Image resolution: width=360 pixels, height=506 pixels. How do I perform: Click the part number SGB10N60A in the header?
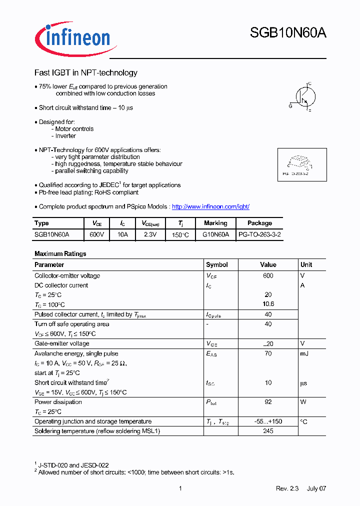click(x=288, y=33)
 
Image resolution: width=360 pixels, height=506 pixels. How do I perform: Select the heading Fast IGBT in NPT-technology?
click(x=85, y=73)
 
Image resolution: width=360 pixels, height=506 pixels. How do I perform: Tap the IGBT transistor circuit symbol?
click(x=303, y=96)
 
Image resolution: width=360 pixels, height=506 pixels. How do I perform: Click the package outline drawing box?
click(x=301, y=164)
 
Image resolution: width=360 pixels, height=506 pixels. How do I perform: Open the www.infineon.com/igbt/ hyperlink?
click(x=210, y=206)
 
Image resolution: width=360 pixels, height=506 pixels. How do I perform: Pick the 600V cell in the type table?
click(x=96, y=234)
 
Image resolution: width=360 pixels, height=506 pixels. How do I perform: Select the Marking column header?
click(x=215, y=223)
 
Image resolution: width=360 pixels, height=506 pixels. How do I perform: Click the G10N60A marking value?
click(x=215, y=234)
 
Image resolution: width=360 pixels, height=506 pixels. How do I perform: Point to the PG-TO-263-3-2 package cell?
click(x=259, y=234)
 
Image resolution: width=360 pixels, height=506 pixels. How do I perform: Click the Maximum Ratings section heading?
click(x=60, y=253)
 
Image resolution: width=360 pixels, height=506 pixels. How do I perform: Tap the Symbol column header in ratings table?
click(x=217, y=264)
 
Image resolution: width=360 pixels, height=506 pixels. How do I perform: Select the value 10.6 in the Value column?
click(x=268, y=304)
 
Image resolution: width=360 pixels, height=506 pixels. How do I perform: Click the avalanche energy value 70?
click(x=268, y=353)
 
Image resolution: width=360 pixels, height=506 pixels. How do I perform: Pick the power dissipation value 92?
click(x=268, y=402)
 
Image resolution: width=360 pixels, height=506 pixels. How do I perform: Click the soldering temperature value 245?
click(x=268, y=431)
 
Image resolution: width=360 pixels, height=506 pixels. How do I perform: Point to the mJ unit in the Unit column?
click(x=304, y=353)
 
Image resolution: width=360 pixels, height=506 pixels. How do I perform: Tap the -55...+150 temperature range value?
click(x=268, y=421)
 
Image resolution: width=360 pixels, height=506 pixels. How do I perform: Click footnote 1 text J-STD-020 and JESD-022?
click(x=73, y=465)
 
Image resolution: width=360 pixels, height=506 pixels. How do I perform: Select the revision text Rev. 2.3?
click(x=287, y=488)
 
